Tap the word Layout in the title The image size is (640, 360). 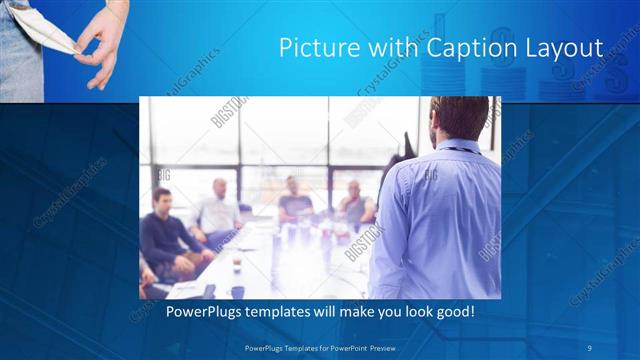pos(565,48)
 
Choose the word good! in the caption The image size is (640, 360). pos(452,312)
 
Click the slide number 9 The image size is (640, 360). pos(590,347)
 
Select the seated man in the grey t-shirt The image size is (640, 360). pos(295,200)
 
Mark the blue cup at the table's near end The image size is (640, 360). pos(237,291)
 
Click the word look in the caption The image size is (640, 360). pos(410,312)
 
